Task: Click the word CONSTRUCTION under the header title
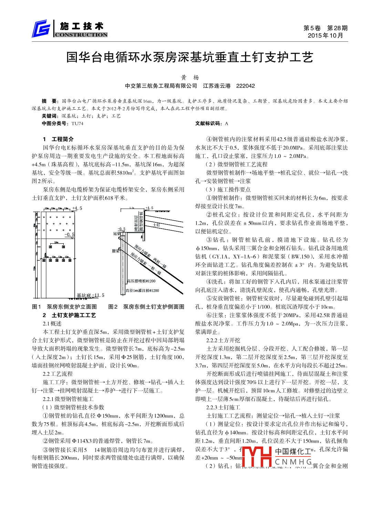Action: pos(81,34)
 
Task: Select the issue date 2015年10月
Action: pos(326,35)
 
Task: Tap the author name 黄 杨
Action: pos(190,78)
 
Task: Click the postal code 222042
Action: pos(245,86)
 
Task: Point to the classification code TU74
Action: pos(77,123)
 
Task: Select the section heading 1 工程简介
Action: pos(58,139)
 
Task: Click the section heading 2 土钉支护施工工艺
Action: pos(69,315)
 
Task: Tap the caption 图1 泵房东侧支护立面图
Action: pos(64,307)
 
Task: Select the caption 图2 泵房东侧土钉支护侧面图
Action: pos(146,307)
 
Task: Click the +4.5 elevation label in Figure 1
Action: pos(77,208)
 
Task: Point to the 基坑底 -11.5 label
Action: pos(90,295)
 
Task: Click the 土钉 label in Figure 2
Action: pos(156,225)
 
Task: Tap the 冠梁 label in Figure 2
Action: pos(117,233)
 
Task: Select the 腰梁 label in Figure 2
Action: pos(116,251)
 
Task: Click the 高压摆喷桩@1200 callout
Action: pos(141,281)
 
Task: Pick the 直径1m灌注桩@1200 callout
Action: pos(142,290)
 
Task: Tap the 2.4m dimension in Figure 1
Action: pos(57,242)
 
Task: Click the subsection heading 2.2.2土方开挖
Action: pos(223,340)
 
